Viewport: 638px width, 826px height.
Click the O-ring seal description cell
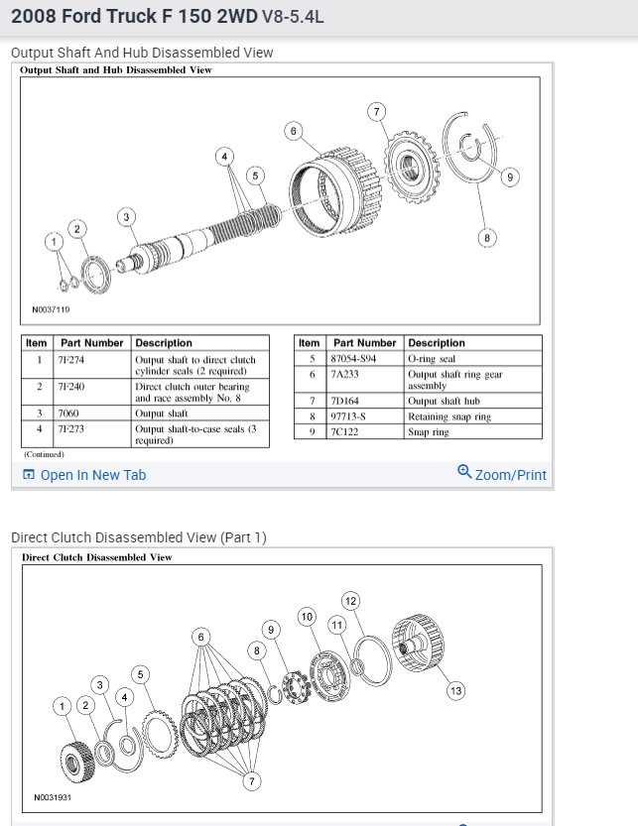[x=435, y=357]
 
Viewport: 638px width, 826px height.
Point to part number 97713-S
[x=353, y=416]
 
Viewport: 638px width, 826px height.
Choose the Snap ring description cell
[x=429, y=432]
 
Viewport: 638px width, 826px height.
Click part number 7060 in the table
[x=68, y=413]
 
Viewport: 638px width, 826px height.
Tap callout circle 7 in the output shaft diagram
[x=376, y=111]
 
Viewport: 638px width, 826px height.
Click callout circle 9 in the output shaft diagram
[x=509, y=177]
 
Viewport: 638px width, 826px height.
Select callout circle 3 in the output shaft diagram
[x=125, y=217]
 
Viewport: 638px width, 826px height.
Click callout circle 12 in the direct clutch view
[x=350, y=600]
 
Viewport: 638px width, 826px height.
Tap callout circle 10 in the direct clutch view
[x=308, y=617]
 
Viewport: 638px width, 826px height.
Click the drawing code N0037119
[x=51, y=308]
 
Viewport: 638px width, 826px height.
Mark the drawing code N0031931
[x=52, y=797]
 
